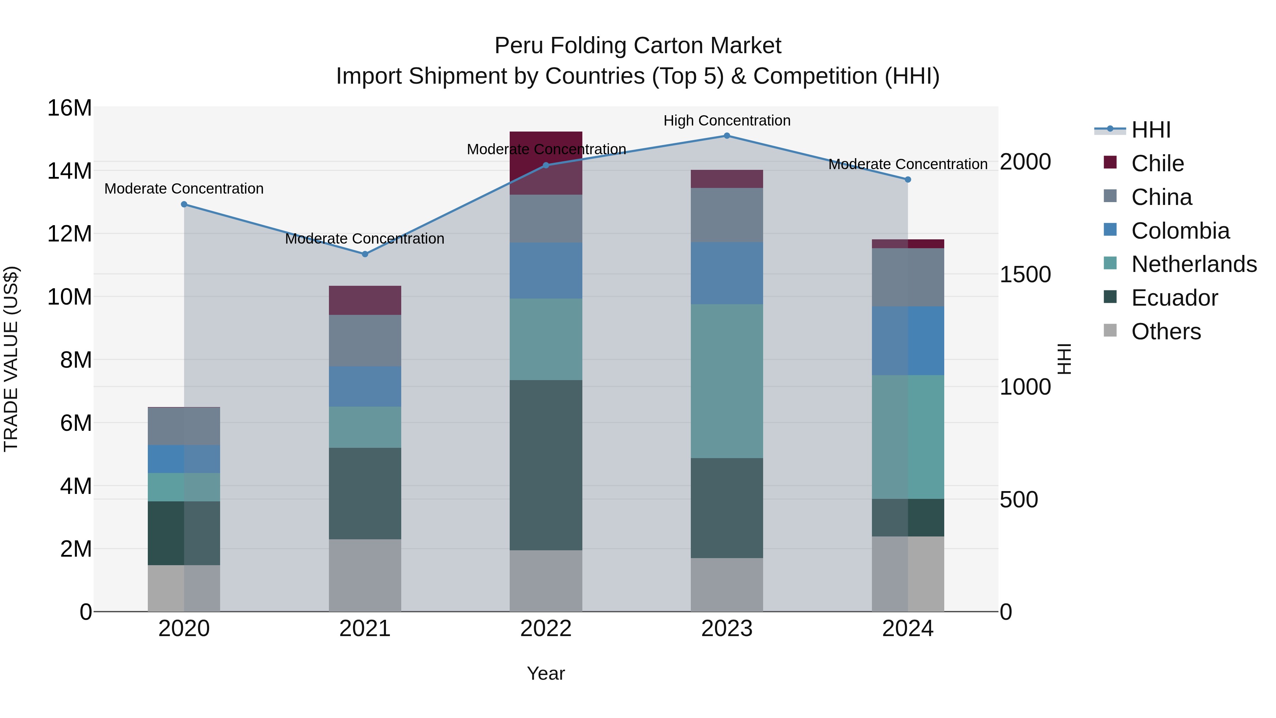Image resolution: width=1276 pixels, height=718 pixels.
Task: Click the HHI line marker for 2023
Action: [727, 136]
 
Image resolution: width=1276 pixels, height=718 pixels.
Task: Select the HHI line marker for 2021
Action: [365, 254]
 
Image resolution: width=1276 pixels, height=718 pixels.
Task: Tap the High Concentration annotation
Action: [727, 121]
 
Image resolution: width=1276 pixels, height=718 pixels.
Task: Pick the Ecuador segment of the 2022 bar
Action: [546, 465]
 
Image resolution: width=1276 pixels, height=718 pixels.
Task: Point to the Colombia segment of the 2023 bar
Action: [727, 273]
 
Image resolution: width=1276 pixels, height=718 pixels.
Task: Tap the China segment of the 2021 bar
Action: [365, 340]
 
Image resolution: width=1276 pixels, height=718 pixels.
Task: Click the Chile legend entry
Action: [1157, 163]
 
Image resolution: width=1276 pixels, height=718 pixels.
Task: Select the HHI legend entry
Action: [1151, 130]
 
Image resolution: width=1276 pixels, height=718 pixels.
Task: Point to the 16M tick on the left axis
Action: [69, 108]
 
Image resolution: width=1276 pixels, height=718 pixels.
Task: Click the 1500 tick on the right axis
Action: [1025, 274]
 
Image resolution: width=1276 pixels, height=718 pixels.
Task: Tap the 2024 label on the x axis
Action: [907, 629]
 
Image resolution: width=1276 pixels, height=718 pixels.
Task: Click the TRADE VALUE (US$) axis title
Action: [11, 359]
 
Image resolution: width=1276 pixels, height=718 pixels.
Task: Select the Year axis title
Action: [545, 673]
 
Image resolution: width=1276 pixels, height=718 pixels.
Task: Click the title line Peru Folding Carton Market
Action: [638, 46]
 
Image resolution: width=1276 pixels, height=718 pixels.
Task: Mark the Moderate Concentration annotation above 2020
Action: [184, 189]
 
